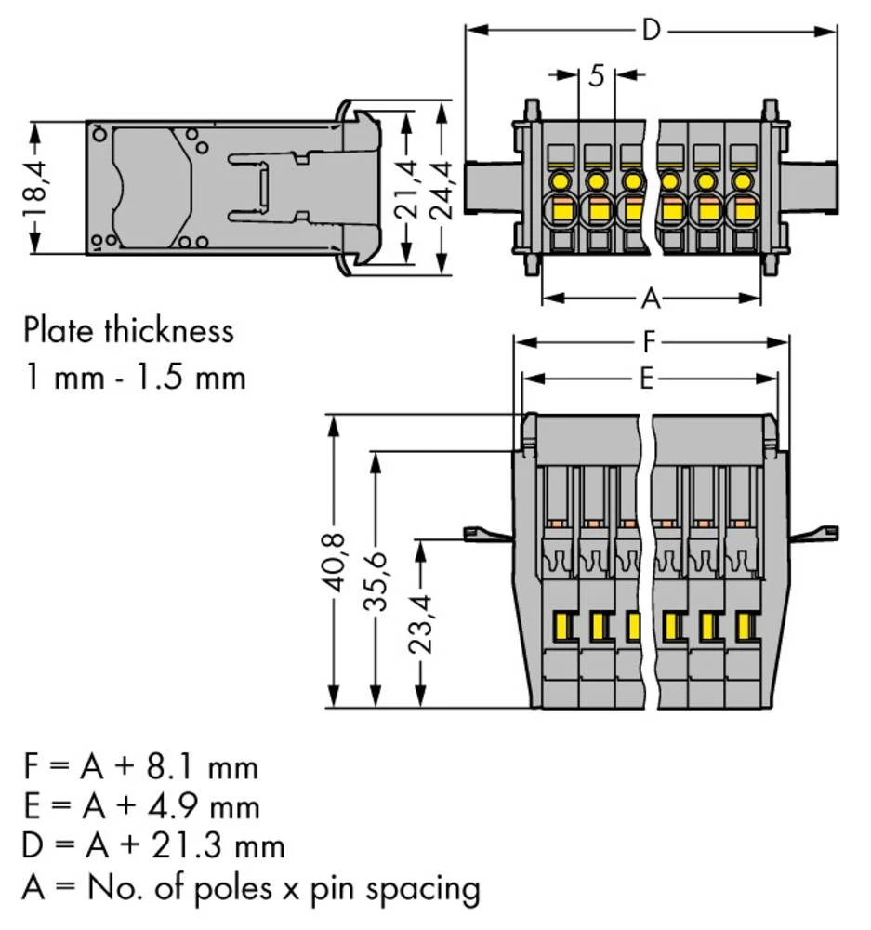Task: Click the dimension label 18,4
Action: pyautogui.click(x=34, y=187)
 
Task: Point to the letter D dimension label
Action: pyautogui.click(x=652, y=31)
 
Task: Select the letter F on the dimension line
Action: pyautogui.click(x=652, y=343)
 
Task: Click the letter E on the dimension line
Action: pyautogui.click(x=649, y=379)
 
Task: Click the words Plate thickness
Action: pyautogui.click(x=128, y=330)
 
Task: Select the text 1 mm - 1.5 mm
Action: pyautogui.click(x=135, y=378)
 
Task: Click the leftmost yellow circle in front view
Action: pyautogui.click(x=561, y=180)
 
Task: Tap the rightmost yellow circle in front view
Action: pyautogui.click(x=741, y=180)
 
